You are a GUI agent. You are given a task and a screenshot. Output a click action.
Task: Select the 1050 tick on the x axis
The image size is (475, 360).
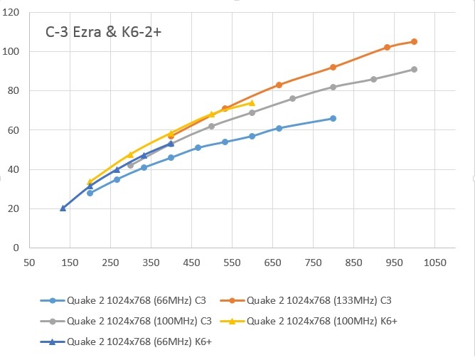tap(434, 263)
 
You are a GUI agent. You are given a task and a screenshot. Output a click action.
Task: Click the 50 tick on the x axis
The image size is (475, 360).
tap(29, 263)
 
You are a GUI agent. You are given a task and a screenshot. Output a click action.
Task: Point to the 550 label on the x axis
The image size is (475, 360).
tap(232, 263)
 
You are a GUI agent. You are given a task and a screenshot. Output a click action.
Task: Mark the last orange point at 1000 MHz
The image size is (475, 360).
tap(414, 42)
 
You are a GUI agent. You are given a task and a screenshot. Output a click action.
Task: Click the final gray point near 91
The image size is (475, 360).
tap(414, 69)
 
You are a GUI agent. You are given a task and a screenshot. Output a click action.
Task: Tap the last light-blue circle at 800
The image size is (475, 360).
tap(333, 118)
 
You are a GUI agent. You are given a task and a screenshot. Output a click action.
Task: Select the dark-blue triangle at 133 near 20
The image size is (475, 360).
tap(63, 208)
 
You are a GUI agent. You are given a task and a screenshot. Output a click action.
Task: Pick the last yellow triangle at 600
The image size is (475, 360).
tap(252, 103)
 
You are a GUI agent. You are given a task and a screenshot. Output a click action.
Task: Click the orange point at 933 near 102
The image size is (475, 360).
tap(387, 48)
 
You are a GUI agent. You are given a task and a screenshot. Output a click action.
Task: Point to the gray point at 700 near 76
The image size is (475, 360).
tap(292, 98)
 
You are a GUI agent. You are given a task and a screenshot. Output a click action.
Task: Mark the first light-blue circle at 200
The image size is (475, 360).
tap(90, 193)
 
